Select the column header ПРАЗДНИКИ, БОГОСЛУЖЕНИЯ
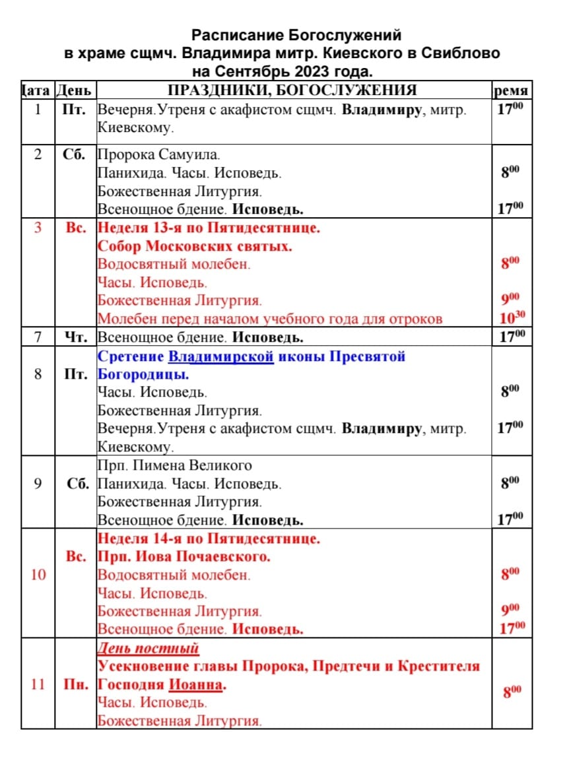[x=292, y=90]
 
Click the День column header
[x=75, y=90]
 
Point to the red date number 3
[x=38, y=228]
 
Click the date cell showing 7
[x=38, y=337]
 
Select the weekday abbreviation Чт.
[x=75, y=337]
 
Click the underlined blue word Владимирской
[x=220, y=356]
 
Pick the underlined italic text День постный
[x=148, y=648]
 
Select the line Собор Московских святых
[x=195, y=247]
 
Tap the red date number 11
[x=38, y=684]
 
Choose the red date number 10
[x=38, y=575]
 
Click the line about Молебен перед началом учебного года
[x=269, y=319]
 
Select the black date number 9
[x=38, y=484]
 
